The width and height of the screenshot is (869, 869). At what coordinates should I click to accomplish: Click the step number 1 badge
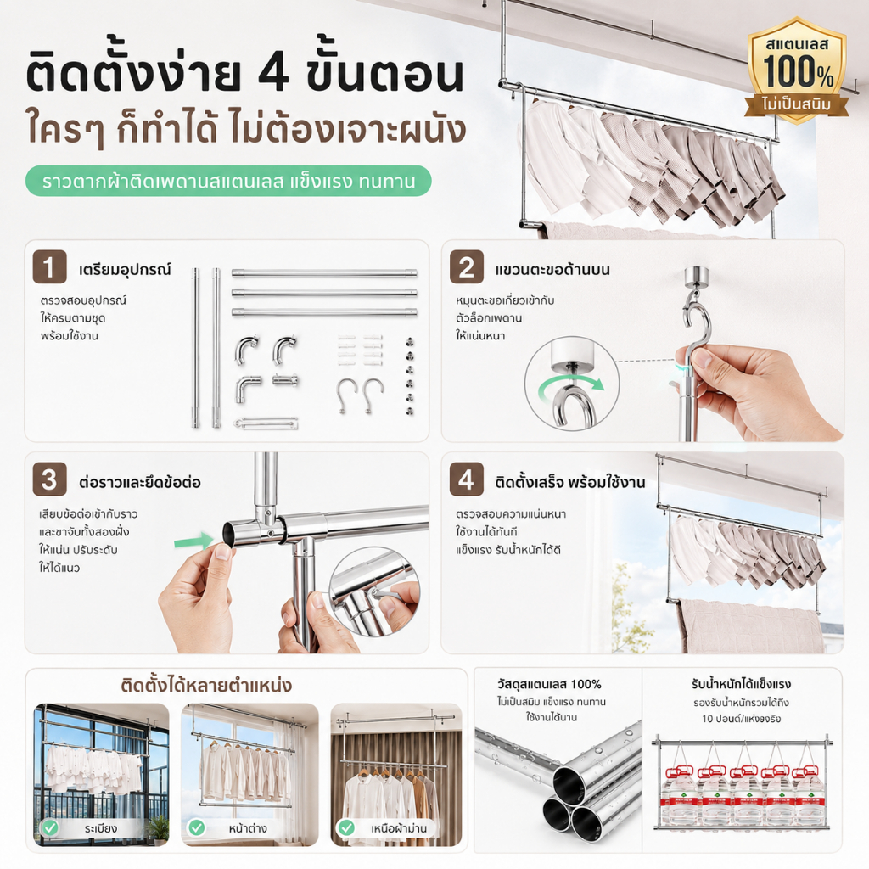[49, 266]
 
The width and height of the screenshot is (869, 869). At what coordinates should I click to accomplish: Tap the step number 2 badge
[466, 266]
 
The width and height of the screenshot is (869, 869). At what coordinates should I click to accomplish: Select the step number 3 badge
[49, 479]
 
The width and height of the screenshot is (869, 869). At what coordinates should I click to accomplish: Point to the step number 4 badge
[466, 479]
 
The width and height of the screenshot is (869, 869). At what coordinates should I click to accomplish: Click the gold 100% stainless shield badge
[797, 70]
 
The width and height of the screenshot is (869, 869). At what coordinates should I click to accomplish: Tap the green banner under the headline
[228, 181]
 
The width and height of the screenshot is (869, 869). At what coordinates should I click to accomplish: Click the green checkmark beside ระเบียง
[50, 828]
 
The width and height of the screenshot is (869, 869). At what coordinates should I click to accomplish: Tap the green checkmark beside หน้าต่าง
[197, 828]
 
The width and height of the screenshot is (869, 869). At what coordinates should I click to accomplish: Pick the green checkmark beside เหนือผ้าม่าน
[346, 828]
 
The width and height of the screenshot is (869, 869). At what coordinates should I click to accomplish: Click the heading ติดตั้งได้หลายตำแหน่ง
[206, 686]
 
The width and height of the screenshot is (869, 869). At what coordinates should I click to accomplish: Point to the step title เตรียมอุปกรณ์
[125, 270]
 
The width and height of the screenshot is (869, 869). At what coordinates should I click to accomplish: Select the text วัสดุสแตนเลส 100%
[549, 685]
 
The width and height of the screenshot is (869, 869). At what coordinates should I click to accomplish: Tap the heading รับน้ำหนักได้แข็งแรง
[741, 685]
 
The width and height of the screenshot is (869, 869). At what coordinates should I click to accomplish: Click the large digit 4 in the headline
[274, 73]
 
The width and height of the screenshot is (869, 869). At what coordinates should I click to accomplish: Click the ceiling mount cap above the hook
[696, 276]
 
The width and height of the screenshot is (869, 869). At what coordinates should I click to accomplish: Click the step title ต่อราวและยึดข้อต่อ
[140, 482]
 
